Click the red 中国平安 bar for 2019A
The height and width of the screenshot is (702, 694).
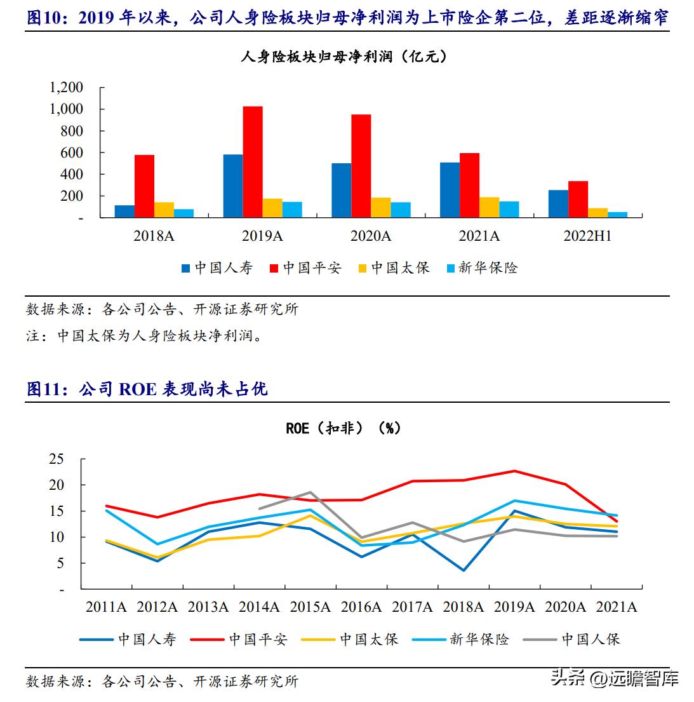pos(253,162)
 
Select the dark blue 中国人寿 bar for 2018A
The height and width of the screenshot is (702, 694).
pos(124,212)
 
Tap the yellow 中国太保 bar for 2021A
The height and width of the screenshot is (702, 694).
pos(489,208)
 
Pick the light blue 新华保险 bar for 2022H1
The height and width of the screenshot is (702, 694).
pos(617,215)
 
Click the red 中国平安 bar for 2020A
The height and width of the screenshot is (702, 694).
pos(361,166)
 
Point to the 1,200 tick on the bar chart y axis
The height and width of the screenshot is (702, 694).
pos(66,88)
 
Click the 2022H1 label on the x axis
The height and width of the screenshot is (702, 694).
pos(587,236)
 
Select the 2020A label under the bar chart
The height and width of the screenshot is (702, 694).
pos(371,236)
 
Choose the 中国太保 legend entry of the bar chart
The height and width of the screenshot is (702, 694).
pos(394,268)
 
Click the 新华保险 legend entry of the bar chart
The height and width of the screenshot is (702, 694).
pos(481,268)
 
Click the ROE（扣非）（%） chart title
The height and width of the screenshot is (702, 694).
pos(344,428)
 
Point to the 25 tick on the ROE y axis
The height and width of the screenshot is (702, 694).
pos(57,459)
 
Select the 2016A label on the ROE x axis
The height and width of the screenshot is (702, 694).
pos(361,607)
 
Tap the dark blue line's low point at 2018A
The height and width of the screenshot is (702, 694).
pos(464,570)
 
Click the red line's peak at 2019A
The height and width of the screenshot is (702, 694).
pos(514,471)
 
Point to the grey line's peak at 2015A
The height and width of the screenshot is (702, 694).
pos(310,492)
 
